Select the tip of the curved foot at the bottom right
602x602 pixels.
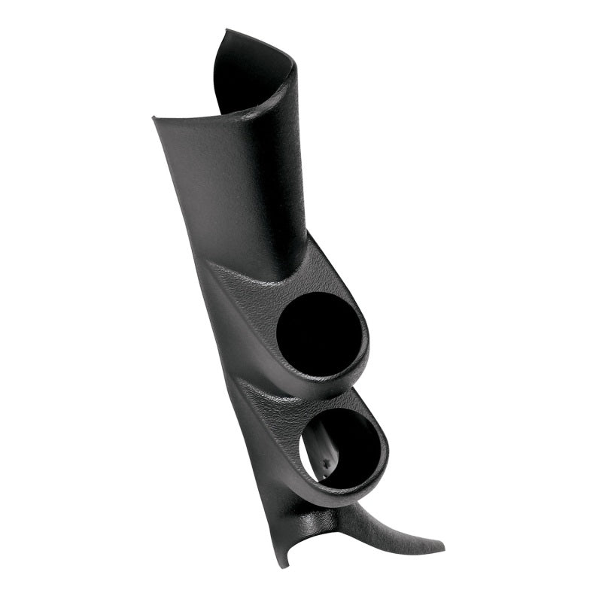(x=442, y=545)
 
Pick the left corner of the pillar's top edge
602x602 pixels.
(x=154, y=118)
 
